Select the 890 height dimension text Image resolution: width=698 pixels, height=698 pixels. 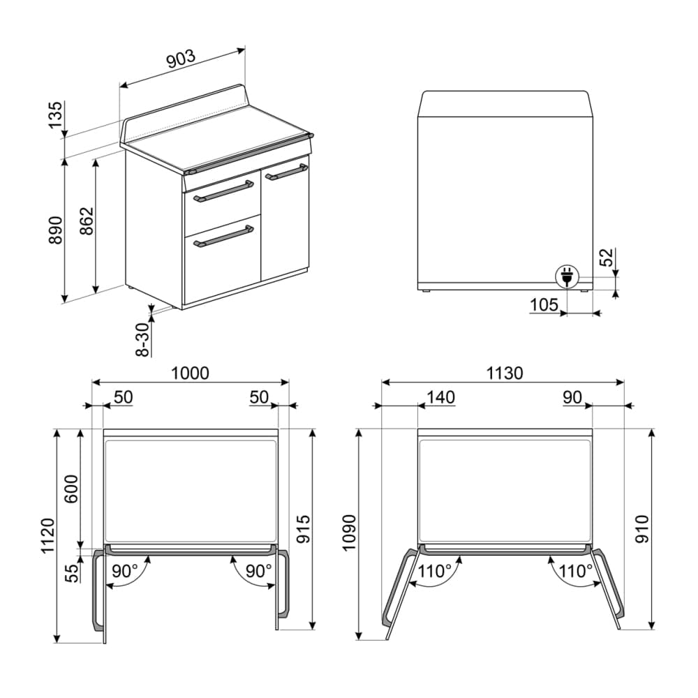tap(55, 231)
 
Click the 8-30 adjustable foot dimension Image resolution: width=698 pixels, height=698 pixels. tap(142, 339)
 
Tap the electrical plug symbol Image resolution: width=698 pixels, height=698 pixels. tap(565, 277)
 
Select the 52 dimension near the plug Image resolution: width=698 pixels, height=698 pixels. tap(607, 258)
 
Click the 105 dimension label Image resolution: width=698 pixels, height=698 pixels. tap(544, 304)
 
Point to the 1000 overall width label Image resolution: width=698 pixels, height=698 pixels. tap(190, 373)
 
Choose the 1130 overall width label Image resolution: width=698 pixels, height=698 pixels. tap(504, 373)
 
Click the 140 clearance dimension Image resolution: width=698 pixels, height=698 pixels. tap(440, 397)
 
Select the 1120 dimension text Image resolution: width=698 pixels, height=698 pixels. tap(47, 536)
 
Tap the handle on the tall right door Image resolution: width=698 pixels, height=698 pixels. tap(286, 172)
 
